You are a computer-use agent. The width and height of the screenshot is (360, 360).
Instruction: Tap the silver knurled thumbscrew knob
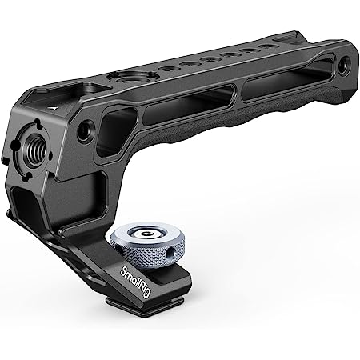(147, 245)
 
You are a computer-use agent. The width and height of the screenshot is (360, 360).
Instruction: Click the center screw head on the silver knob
(146, 234)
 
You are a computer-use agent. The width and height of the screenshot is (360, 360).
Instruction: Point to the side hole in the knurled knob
(169, 251)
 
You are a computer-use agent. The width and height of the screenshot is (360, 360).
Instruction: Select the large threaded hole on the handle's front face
(34, 150)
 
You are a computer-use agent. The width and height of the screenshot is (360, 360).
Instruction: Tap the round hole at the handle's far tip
(344, 63)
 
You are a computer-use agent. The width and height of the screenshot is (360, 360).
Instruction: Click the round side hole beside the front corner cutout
(86, 130)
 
